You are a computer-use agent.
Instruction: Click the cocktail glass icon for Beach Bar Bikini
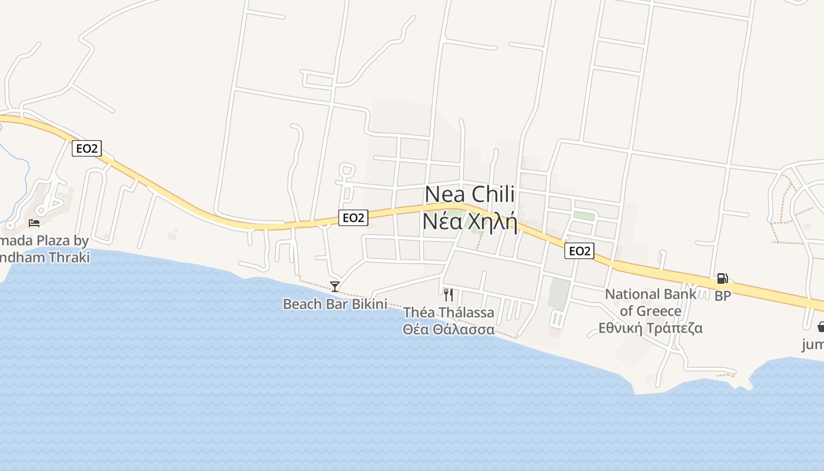pos(335,287)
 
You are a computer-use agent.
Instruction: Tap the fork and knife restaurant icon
pos(448,294)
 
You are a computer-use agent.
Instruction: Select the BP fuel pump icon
pos(722,278)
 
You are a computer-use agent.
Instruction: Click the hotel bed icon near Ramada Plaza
pos(34,223)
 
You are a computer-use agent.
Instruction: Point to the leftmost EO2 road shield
pos(87,148)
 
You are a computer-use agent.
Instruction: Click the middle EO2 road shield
pos(353,218)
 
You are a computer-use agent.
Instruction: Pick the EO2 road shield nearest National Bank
pos(579,251)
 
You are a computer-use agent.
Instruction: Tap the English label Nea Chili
pos(470,194)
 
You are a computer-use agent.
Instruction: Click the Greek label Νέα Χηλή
pos(470,222)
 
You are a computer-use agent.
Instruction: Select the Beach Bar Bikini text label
pos(335,304)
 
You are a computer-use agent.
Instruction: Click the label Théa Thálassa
pos(448,313)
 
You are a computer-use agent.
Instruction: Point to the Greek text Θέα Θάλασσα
pos(448,330)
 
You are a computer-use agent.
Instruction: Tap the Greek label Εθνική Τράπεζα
pos(650,328)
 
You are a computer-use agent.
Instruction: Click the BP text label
pos(723,296)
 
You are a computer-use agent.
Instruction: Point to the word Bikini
pos(370,304)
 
